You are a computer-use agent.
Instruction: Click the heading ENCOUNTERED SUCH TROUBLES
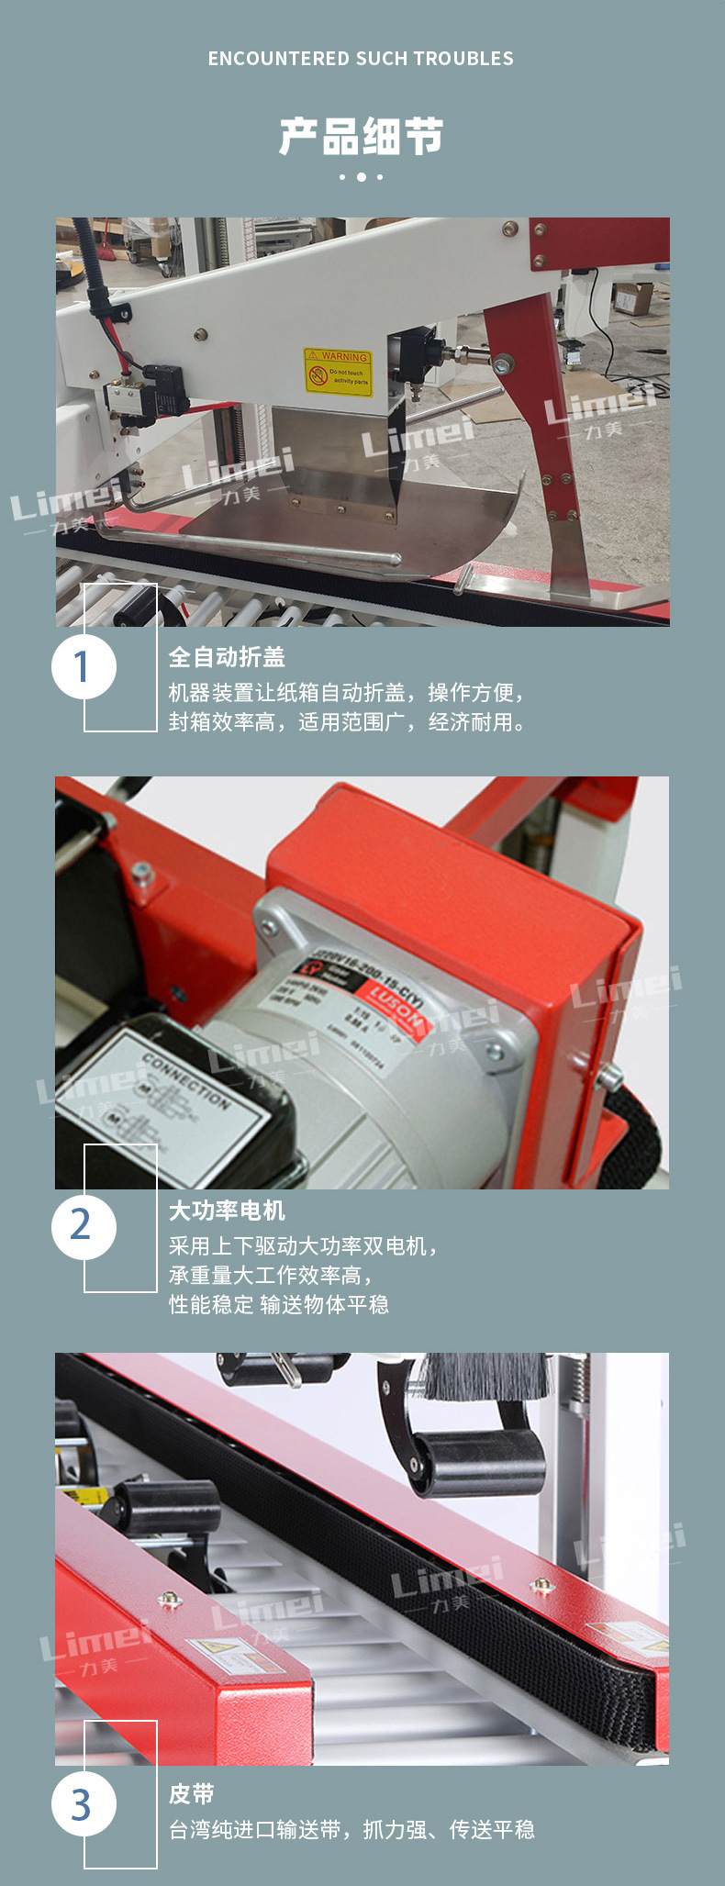361,59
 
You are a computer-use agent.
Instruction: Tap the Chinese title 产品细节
362,137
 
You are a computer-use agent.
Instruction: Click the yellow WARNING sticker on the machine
339,371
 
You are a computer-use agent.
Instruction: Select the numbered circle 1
84,666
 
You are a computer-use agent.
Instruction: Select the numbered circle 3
84,1803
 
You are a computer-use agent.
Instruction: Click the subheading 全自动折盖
227,657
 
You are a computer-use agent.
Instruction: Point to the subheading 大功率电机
227,1211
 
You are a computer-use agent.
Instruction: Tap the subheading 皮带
191,1793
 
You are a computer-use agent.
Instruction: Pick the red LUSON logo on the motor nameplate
396,1005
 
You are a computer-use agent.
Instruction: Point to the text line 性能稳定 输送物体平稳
279,1304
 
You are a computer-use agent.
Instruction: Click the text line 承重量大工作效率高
271,1275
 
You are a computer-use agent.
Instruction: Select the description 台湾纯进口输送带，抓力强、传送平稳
351,1830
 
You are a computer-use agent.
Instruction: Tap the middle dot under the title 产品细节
362,176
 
